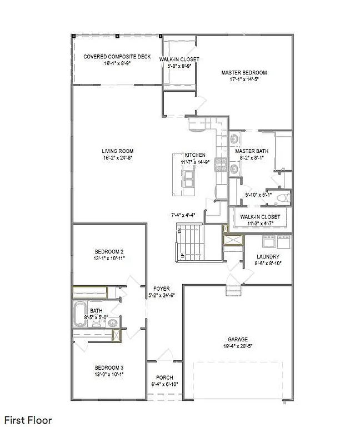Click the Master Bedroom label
244,73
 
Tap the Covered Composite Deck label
109,57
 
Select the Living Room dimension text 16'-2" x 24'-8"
117,158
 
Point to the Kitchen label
195,155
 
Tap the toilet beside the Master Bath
283,197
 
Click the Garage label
237,339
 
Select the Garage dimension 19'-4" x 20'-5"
237,346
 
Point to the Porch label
164,378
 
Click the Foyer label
162,289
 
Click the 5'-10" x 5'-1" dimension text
258,195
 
